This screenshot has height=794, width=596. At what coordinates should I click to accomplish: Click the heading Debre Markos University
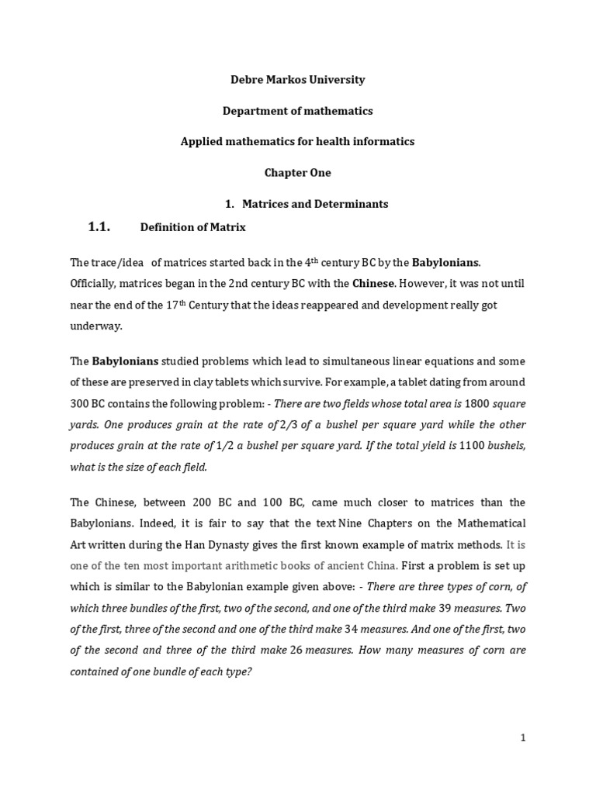coord(298,80)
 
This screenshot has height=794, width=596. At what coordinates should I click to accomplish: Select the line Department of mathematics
coord(298,111)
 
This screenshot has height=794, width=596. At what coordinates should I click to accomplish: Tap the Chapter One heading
coord(298,173)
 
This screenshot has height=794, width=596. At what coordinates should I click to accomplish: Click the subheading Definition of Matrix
coord(192,227)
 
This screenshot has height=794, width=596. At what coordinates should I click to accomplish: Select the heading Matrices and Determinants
coord(315,204)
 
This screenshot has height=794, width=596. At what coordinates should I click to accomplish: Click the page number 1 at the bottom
coord(523,738)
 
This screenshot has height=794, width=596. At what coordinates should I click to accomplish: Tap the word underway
coord(96,326)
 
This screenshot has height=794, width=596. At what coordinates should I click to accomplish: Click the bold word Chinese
coord(379,284)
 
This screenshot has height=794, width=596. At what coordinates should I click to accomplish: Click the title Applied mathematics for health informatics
coord(298,142)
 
